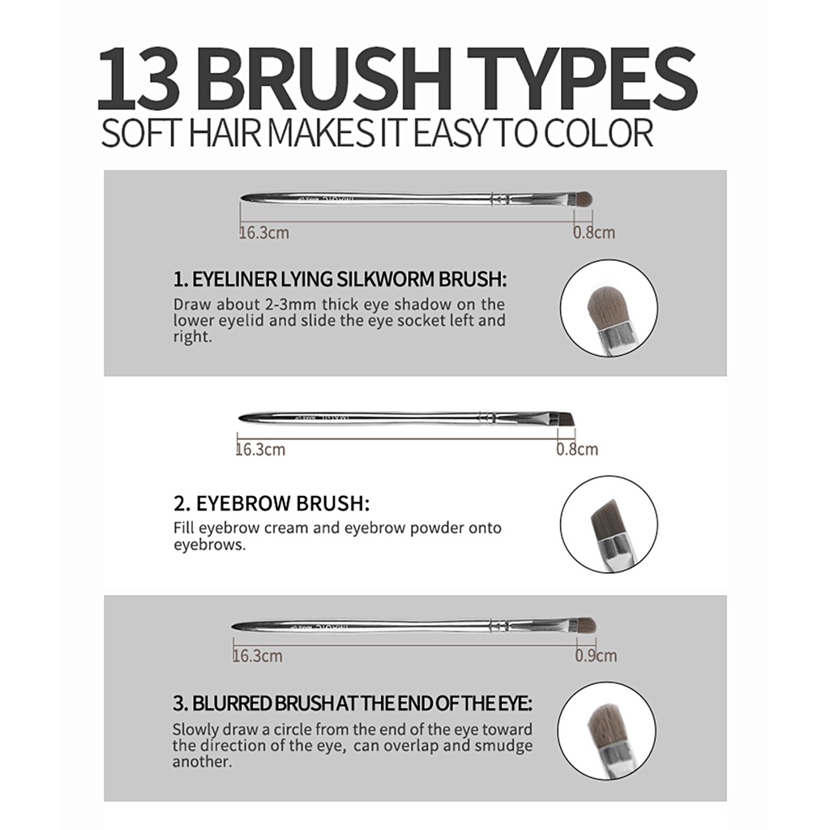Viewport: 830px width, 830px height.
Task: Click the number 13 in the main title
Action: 139,79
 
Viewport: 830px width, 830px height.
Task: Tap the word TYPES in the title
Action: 582,79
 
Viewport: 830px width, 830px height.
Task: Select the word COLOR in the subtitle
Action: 598,134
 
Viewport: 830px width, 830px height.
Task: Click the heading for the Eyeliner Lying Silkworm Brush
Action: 340,279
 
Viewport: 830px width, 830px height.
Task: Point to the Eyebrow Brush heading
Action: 272,503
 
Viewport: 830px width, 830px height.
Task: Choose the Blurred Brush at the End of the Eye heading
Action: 353,704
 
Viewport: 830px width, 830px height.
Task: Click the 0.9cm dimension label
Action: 596,656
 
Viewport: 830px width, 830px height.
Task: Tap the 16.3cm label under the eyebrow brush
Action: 260,449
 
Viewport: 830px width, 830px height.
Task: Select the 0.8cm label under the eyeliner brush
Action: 594,233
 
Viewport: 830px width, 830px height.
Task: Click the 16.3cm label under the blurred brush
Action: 258,656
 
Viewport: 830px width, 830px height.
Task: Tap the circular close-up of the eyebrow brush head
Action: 610,524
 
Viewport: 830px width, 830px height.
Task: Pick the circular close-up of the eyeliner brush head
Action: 610,308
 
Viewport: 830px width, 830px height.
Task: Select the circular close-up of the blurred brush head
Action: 606,730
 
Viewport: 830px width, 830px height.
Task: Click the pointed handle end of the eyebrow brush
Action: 239,418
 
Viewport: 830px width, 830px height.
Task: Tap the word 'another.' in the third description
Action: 202,762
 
